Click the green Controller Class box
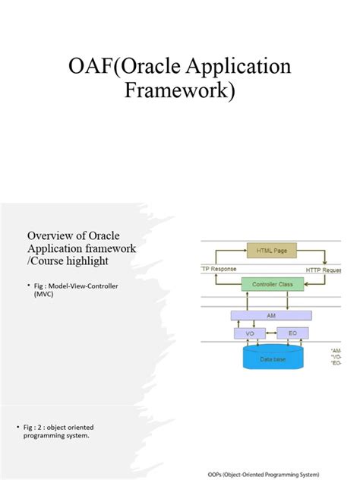pyautogui.click(x=272, y=284)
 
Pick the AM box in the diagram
pyautogui.click(x=271, y=315)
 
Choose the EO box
pyautogui.click(x=288, y=333)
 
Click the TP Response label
pyautogui.click(x=218, y=270)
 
